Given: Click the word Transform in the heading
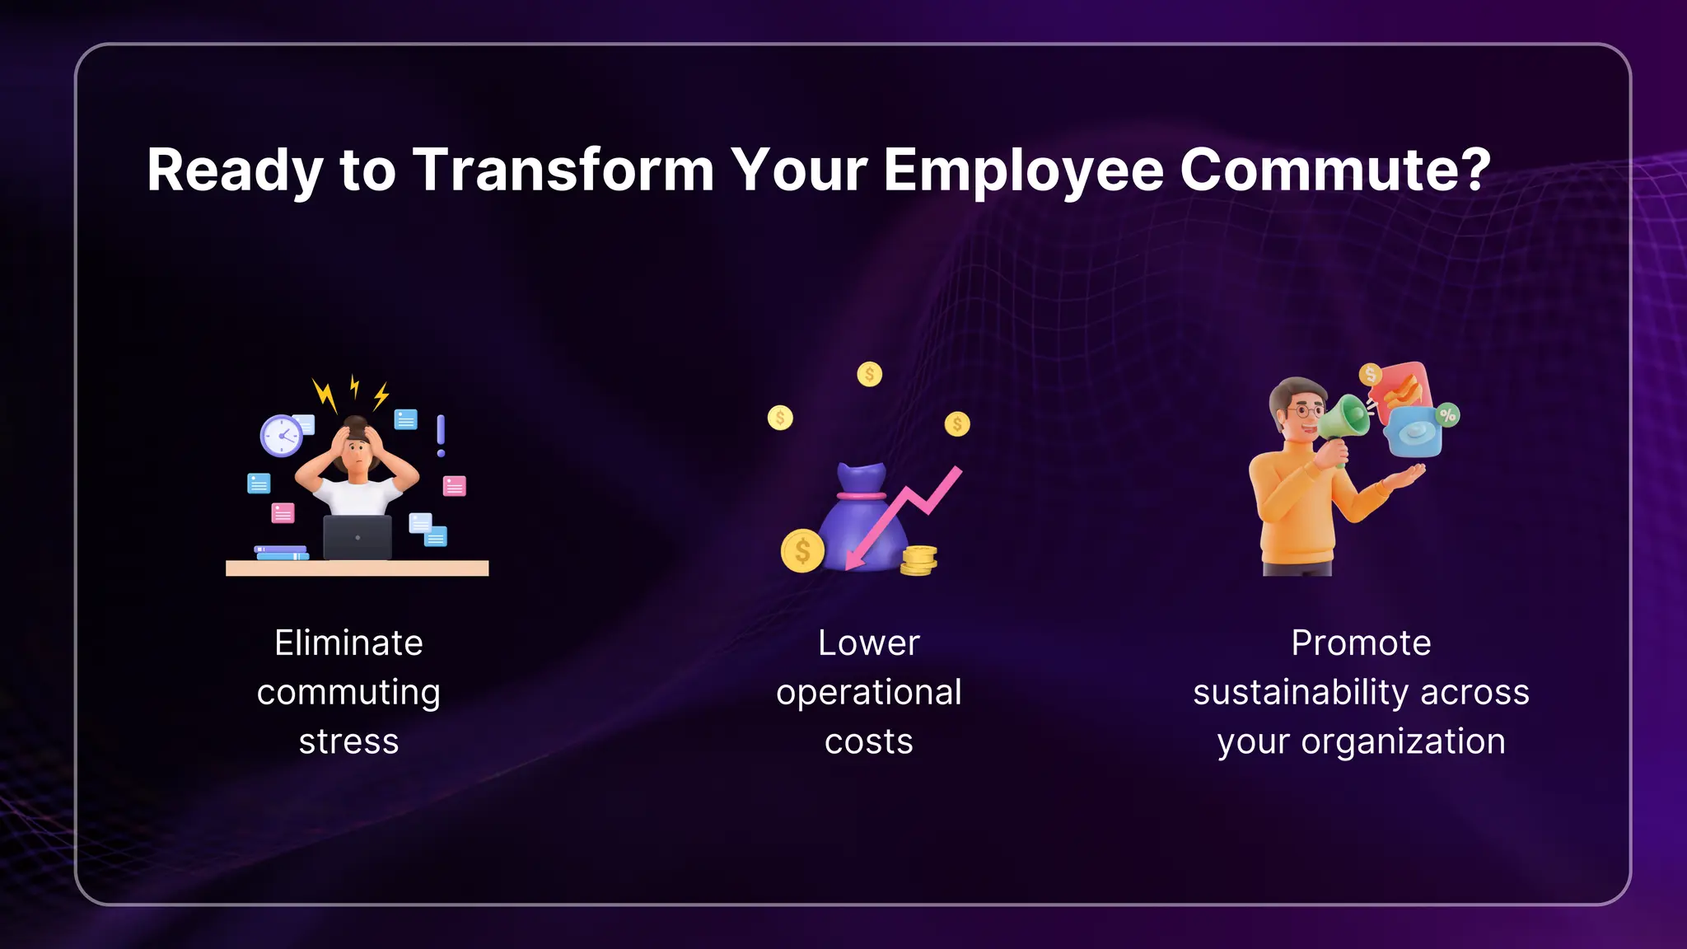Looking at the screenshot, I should pyautogui.click(x=563, y=171).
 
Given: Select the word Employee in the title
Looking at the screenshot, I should pyautogui.click(x=1024, y=171).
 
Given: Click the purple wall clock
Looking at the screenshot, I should pyautogui.click(x=282, y=435).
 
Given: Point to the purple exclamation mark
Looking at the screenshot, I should pyautogui.click(x=441, y=435).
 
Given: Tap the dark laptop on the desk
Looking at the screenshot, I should pyautogui.click(x=357, y=537).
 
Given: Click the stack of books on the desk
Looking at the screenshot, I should pyautogui.click(x=281, y=553).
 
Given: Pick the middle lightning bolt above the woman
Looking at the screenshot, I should pyautogui.click(x=355, y=386).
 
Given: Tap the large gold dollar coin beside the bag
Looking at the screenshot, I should pyautogui.click(x=802, y=551).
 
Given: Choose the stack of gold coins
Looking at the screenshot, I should pyautogui.click(x=918, y=560).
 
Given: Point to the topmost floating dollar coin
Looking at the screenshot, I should pyautogui.click(x=869, y=375).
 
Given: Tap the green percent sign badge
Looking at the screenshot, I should pyautogui.click(x=1447, y=414).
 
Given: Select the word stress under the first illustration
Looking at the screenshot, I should pyautogui.click(x=348, y=742).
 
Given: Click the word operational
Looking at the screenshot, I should pyautogui.click(x=868, y=693).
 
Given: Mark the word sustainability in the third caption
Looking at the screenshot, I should pyautogui.click(x=1300, y=693).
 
